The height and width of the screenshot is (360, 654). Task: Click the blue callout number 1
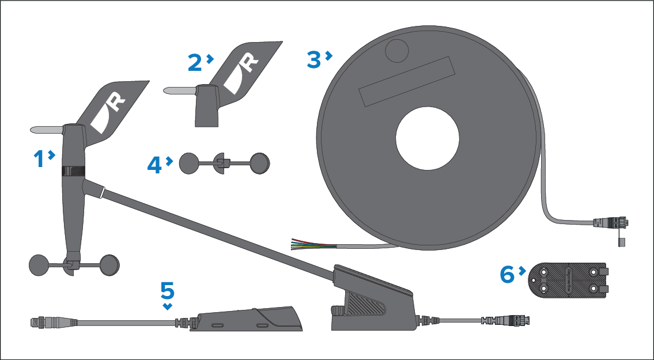[x=40, y=159]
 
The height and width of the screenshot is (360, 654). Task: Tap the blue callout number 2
[x=195, y=63]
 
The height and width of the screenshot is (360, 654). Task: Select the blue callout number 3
[x=314, y=59]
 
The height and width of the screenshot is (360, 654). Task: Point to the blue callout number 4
[x=154, y=165]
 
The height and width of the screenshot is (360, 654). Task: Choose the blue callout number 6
[x=507, y=275]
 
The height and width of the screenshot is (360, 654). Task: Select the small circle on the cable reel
[x=397, y=51]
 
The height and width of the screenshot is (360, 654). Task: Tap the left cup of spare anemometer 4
[x=189, y=163]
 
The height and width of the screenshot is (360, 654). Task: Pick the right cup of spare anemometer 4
[x=260, y=163]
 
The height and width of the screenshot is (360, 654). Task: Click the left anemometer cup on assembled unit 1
[x=39, y=265]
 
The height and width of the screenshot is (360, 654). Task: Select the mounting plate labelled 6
[x=568, y=281]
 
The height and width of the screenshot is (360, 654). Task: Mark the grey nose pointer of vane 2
[x=179, y=90]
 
